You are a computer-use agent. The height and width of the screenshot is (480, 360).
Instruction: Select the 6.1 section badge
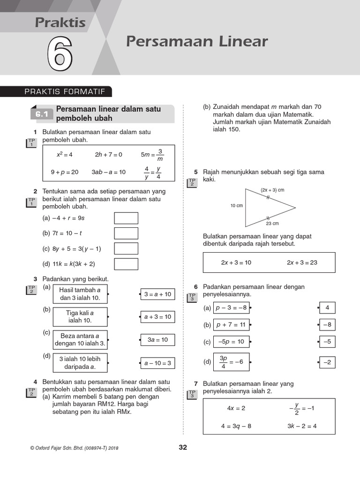point(42,114)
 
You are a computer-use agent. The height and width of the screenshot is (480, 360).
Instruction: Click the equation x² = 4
point(65,154)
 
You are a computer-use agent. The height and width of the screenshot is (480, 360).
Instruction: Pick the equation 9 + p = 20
point(65,172)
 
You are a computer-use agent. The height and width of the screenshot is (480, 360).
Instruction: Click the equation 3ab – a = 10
point(109,172)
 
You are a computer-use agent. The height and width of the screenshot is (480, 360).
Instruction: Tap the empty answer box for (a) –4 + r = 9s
point(126,218)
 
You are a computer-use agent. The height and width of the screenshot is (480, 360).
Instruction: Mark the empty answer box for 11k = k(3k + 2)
point(126,264)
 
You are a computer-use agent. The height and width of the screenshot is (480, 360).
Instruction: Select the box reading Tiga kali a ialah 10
point(80,317)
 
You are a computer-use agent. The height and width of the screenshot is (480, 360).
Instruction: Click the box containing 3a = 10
point(157,340)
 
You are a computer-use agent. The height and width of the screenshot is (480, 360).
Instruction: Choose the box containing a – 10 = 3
point(157,363)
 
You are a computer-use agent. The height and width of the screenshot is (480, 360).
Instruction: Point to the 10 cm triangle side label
point(236,206)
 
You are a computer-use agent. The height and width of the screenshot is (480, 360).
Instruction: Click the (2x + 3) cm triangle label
point(272,190)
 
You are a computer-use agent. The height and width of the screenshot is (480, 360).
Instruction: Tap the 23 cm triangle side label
point(272,224)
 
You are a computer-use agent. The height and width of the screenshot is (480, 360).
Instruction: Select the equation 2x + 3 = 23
point(302,262)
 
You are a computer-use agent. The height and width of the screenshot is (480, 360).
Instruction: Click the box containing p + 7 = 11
point(231,325)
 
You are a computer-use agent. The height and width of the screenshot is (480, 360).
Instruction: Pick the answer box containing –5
point(327,342)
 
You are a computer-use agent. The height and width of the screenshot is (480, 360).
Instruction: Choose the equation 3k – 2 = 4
point(302,426)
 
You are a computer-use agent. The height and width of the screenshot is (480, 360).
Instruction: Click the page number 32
point(183,448)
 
